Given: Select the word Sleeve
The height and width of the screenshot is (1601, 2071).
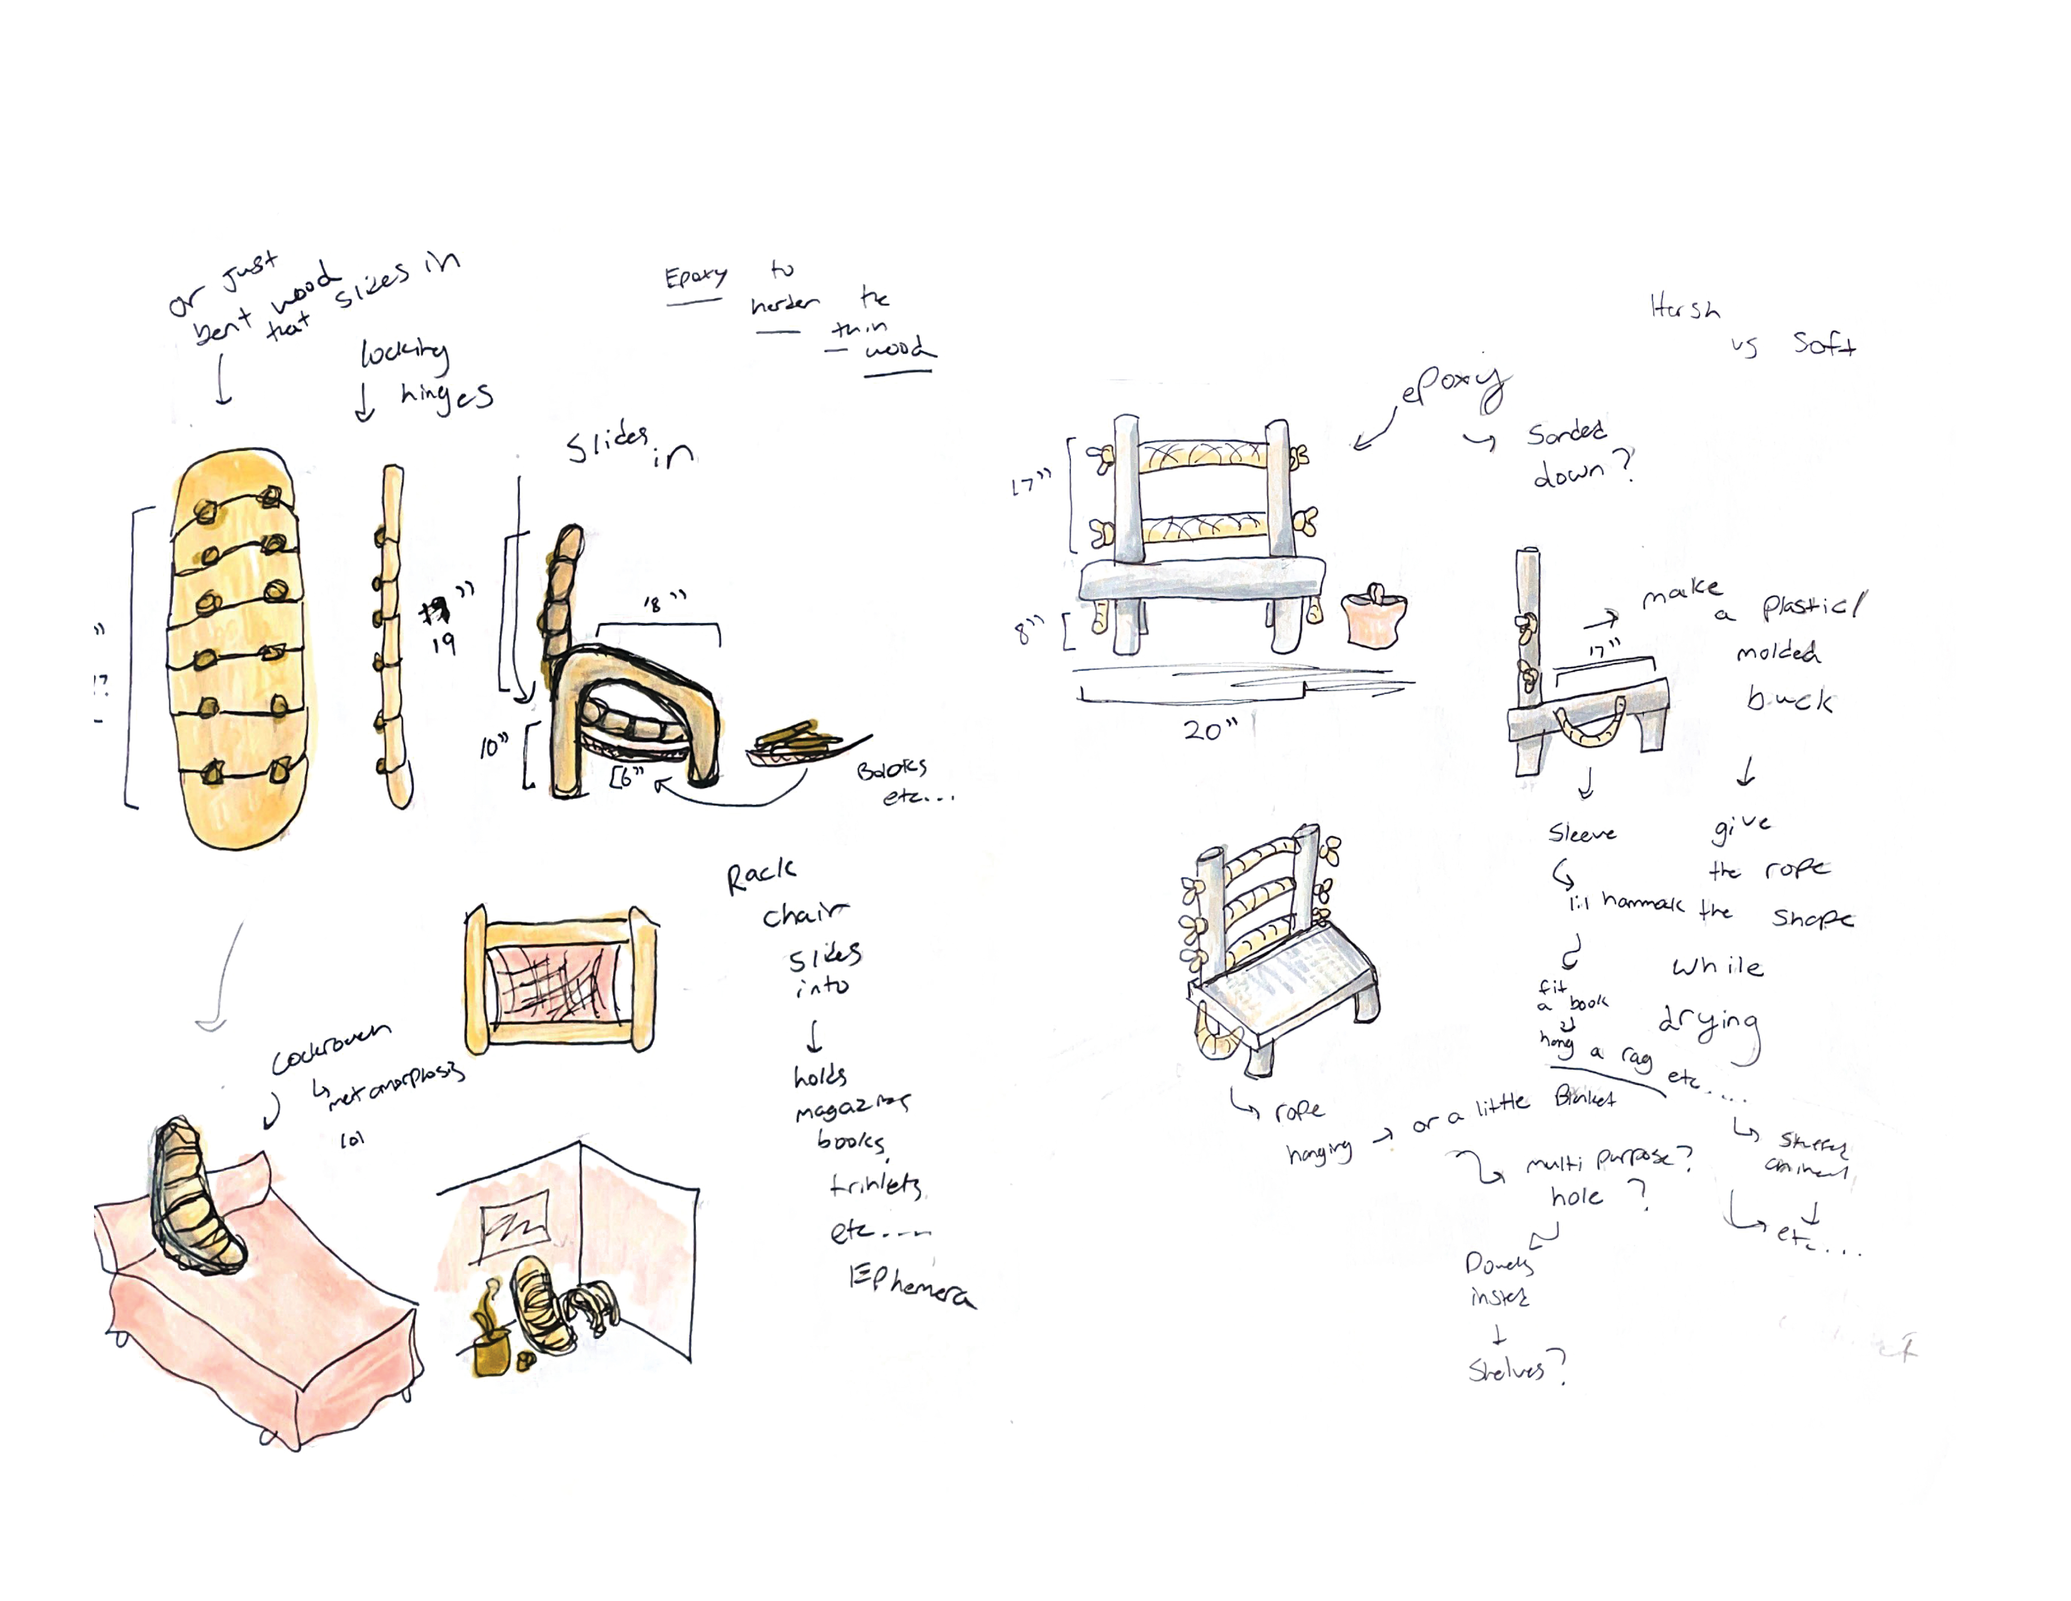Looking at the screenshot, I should tap(1582, 834).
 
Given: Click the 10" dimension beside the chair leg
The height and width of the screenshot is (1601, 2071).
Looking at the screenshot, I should tap(493, 747).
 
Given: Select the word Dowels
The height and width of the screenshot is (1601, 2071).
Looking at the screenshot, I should tap(1498, 1263).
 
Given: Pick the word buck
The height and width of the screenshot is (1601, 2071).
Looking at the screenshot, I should tap(1788, 700).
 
